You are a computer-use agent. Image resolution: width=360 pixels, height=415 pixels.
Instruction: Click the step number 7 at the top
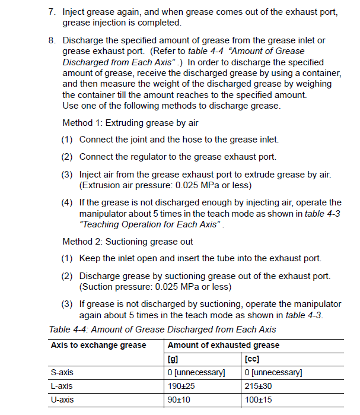[x=52, y=12]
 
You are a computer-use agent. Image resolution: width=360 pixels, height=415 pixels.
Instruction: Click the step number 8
[x=52, y=40]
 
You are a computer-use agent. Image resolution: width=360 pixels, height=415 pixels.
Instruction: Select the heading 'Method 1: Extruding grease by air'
[x=130, y=123]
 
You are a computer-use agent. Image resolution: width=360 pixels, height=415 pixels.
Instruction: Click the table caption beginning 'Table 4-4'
[x=162, y=330]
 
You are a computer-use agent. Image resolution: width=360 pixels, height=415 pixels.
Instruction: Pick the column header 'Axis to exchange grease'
[x=98, y=346]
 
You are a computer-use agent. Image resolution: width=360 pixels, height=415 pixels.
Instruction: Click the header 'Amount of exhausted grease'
[x=224, y=346]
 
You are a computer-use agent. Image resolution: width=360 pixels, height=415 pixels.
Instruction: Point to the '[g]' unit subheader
[x=173, y=359]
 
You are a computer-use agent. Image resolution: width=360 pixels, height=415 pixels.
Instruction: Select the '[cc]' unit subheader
[x=251, y=359]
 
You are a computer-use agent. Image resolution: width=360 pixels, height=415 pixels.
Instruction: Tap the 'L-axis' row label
[x=62, y=387]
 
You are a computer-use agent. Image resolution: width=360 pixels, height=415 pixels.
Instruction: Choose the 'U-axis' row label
[x=62, y=400]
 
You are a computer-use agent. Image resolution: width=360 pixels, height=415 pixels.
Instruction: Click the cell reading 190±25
[x=181, y=387]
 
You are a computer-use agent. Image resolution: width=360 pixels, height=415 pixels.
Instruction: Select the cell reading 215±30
[x=259, y=387]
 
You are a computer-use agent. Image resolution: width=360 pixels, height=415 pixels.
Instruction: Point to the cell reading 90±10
[x=180, y=400]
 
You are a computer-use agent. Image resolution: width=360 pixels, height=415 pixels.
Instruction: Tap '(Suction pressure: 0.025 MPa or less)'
[x=155, y=287]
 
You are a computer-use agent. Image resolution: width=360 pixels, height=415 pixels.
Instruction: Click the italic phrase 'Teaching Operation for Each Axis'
[x=151, y=224]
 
